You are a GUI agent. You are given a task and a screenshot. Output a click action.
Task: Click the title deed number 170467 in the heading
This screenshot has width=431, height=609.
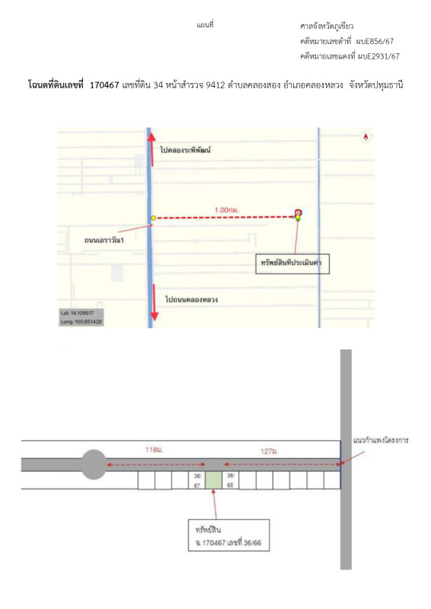[104, 85]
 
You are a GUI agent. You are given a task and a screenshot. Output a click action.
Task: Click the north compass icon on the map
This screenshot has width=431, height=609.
[366, 137]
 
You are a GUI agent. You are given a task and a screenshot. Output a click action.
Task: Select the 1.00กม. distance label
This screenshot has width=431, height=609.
[227, 210]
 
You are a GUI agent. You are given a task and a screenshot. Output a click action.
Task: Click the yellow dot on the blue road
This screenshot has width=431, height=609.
[154, 218]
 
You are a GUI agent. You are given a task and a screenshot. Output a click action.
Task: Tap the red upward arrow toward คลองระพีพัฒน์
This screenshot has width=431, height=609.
[152, 149]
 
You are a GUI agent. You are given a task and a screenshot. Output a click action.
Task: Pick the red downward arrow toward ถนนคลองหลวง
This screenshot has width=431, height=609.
[155, 302]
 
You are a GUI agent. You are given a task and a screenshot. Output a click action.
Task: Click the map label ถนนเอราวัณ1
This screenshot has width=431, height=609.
[104, 240]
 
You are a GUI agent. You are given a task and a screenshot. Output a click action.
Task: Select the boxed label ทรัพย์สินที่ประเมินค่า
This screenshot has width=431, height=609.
[292, 264]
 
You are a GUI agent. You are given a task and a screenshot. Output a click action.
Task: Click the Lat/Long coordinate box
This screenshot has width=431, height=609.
[81, 317]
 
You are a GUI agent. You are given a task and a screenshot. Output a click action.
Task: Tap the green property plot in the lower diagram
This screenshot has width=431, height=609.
[213, 480]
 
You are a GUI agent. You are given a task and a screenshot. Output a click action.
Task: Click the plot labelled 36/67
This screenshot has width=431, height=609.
[197, 480]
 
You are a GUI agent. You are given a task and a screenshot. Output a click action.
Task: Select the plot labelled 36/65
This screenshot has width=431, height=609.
[231, 480]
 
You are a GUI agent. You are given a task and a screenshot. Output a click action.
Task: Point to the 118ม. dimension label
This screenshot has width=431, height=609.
[155, 450]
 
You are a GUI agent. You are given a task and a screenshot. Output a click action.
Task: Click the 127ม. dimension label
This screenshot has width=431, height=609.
[270, 451]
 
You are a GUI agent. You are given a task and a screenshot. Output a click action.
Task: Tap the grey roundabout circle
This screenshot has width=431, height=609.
[94, 464]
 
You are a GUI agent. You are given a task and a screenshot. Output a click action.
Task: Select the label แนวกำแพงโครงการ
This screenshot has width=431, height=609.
[381, 441]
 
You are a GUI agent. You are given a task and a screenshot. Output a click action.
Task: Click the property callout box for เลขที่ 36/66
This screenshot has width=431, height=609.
[228, 535]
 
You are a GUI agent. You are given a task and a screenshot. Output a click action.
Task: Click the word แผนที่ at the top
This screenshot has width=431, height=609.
[205, 25]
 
